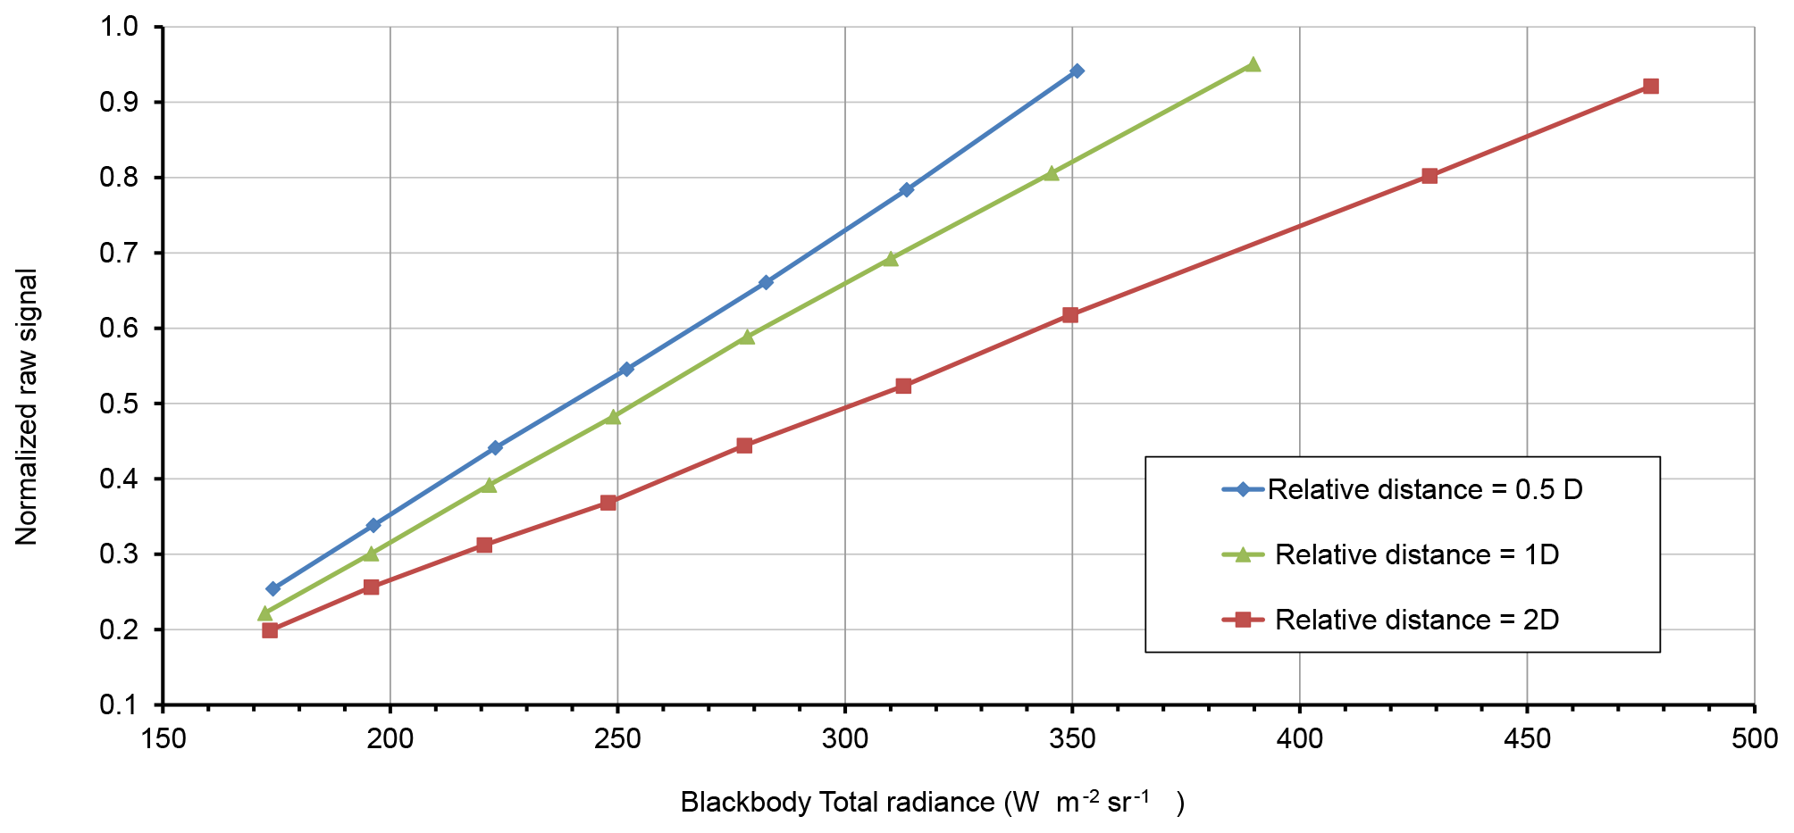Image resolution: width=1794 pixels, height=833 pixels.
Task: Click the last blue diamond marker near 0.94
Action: pos(1077,71)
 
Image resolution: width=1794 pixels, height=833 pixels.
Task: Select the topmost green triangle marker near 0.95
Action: pos(1253,64)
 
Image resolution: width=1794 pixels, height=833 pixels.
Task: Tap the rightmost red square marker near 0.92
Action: pos(1650,87)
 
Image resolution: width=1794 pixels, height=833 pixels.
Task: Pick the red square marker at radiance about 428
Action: pos(1429,176)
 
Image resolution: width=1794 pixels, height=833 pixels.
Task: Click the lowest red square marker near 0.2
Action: pos(270,630)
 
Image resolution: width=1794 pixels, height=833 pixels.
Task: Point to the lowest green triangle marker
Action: pos(264,613)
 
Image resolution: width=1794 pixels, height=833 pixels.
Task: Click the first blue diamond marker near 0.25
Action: pos(273,588)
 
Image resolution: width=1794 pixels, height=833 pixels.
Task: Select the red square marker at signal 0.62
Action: pos(1070,315)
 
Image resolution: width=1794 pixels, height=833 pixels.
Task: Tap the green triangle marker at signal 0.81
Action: pos(1052,173)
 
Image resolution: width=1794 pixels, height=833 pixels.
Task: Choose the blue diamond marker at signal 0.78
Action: pos(906,189)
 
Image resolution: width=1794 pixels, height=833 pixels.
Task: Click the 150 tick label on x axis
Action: pos(163,739)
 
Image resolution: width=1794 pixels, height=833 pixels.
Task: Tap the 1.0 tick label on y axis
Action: pos(121,27)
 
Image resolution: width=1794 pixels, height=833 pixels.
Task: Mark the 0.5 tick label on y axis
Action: pos(121,404)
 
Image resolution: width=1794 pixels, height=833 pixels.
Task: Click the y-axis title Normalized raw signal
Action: pos(27,406)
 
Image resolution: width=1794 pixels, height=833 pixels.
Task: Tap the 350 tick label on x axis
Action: pos(1072,739)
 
